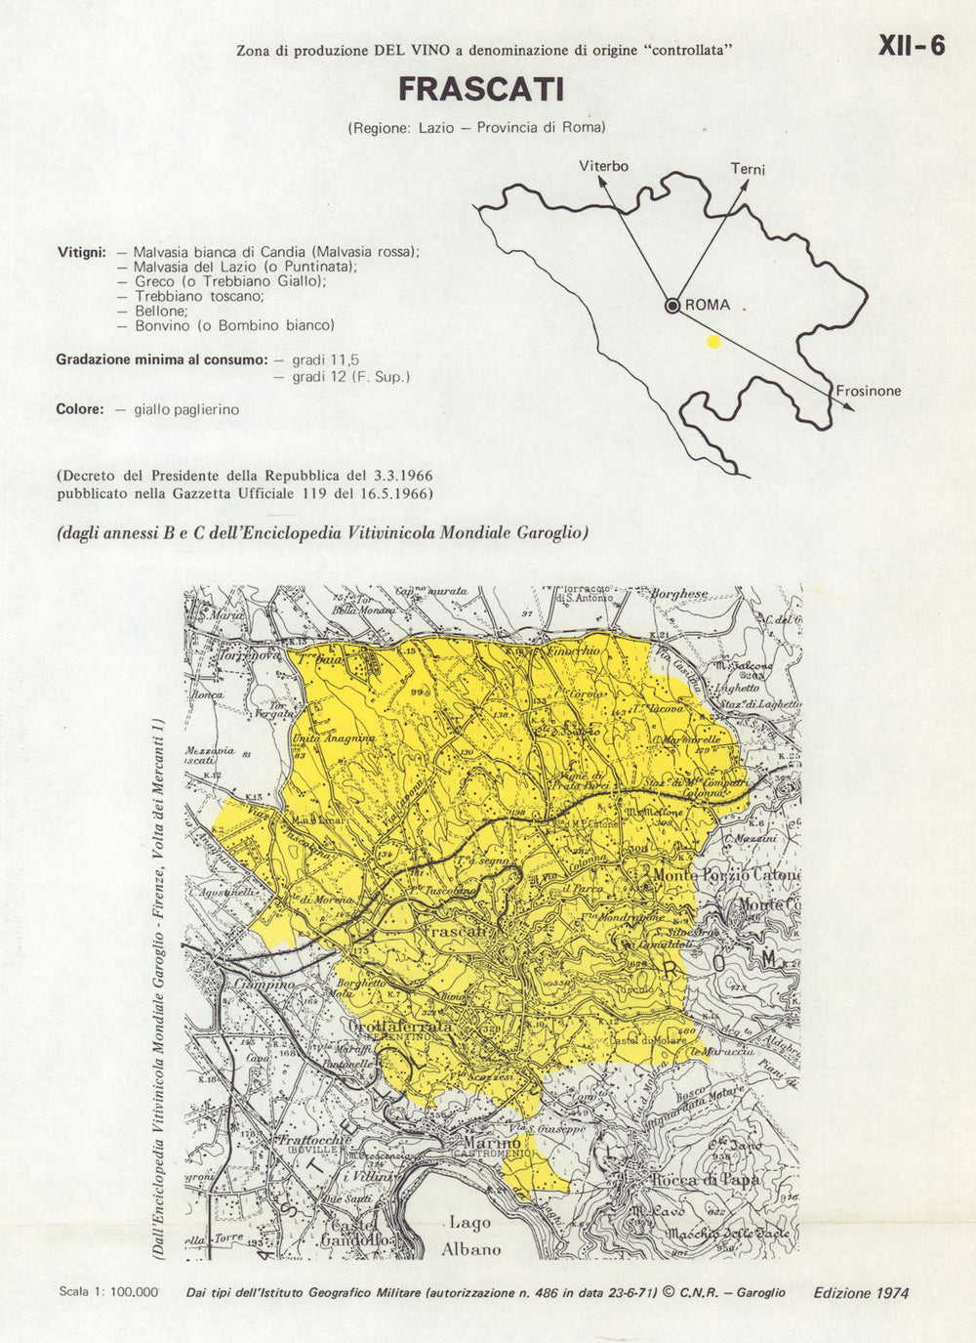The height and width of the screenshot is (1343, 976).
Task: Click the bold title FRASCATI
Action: [481, 90]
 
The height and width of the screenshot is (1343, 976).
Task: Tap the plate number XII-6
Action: [912, 46]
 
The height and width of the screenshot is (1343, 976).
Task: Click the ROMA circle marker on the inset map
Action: [672, 306]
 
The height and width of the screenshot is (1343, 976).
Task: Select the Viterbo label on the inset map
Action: [603, 166]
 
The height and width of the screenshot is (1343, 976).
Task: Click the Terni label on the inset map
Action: [748, 169]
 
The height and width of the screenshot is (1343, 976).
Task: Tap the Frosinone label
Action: [869, 391]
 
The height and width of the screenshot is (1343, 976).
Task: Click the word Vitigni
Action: [81, 252]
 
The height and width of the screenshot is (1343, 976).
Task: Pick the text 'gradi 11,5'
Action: [326, 359]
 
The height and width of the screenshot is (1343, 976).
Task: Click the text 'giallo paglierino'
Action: [186, 409]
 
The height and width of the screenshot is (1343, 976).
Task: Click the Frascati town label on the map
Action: [455, 932]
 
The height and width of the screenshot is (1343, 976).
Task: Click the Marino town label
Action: [492, 1143]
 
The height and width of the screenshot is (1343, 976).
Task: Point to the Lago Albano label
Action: [470, 1236]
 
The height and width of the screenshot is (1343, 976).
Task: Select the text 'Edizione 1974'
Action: [861, 1292]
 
